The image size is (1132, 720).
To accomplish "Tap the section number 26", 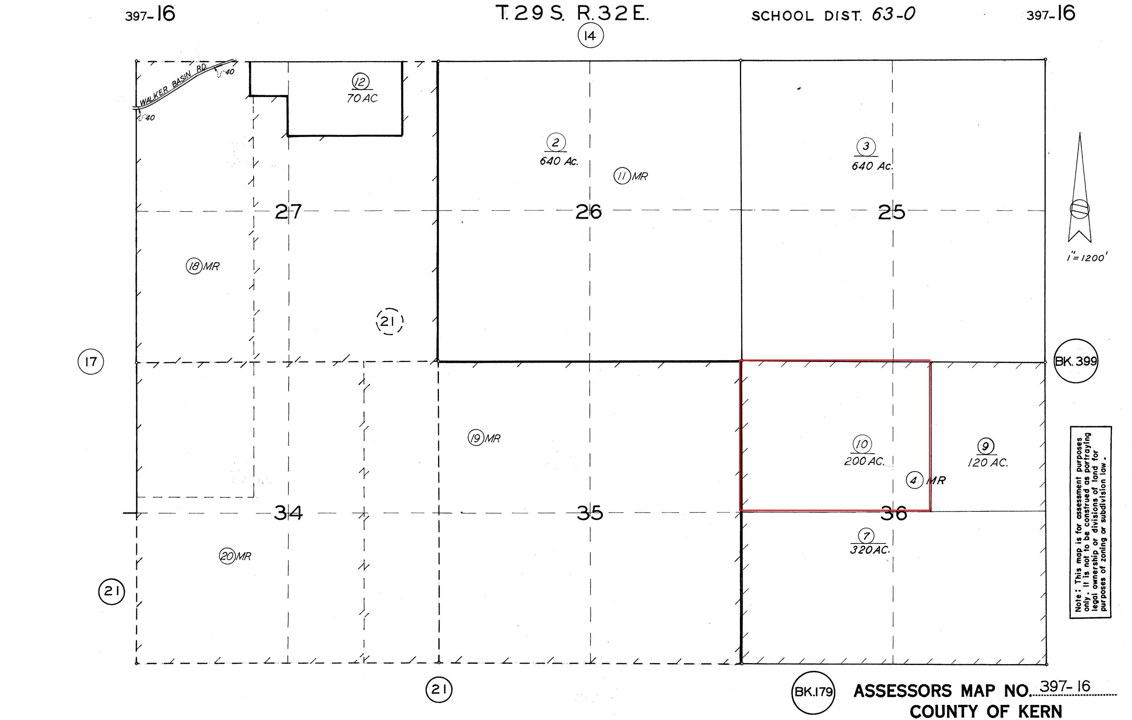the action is pyautogui.click(x=589, y=212).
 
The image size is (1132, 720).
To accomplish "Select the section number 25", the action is pyautogui.click(x=891, y=212).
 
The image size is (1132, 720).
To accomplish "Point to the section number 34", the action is pyautogui.click(x=288, y=513).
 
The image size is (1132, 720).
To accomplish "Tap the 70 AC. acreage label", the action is pyautogui.click(x=362, y=98).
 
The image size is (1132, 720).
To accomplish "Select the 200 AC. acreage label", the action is pyautogui.click(x=864, y=462).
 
